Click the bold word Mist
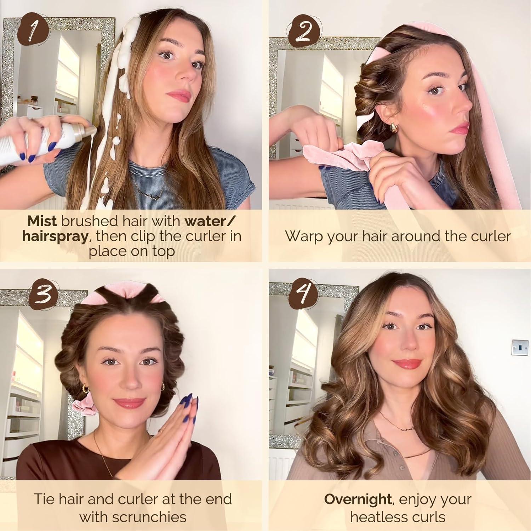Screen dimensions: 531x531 tap(42, 221)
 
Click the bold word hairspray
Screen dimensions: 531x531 tap(55, 236)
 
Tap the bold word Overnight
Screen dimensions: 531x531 tap(358, 499)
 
